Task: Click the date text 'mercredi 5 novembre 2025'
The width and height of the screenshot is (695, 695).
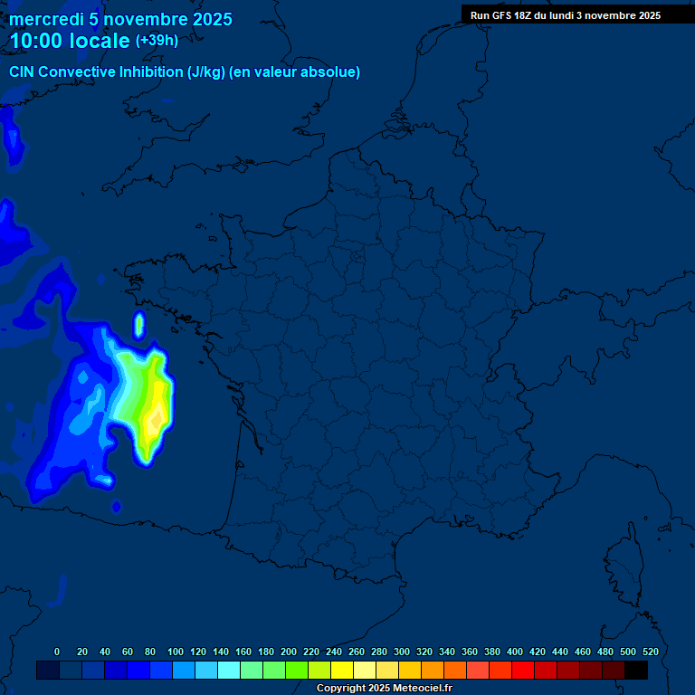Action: (120, 20)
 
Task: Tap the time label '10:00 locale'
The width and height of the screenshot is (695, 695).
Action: (70, 42)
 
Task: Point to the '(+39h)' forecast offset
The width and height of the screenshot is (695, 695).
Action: (157, 41)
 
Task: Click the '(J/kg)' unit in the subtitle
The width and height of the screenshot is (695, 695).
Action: (205, 72)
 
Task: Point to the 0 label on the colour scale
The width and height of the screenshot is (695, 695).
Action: (57, 652)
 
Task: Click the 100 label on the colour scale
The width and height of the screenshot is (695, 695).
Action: (176, 652)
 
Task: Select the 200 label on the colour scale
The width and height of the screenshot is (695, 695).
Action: (289, 652)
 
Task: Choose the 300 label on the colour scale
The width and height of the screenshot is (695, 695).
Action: (402, 652)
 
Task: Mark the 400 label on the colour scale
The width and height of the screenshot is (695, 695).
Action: (515, 652)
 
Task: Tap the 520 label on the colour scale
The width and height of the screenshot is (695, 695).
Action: (650, 652)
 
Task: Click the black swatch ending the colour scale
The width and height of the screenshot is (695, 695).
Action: (636, 671)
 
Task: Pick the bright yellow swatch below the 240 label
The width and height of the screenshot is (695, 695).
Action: (342, 671)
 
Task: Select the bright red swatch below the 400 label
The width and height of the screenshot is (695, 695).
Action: (523, 671)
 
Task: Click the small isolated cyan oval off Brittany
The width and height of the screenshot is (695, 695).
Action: (139, 323)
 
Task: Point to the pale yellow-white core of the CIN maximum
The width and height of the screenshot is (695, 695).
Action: (157, 418)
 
